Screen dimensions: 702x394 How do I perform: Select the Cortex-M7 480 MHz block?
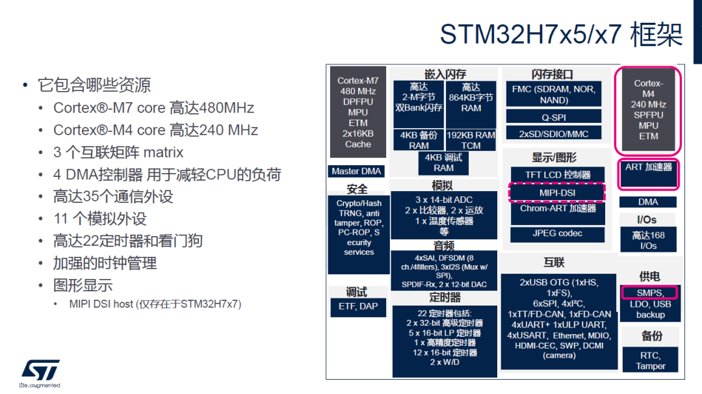point(357,112)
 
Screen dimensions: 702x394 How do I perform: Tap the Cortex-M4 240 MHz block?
point(648,110)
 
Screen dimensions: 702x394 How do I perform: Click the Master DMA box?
point(356,171)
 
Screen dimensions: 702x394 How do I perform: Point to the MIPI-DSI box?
point(557,193)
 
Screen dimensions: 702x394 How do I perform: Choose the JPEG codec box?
point(558,233)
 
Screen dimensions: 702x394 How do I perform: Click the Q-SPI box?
point(554,117)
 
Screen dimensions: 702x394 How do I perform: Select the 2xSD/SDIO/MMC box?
point(554,133)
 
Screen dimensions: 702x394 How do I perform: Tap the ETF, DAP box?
point(358,307)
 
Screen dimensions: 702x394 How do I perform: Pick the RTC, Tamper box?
point(651,360)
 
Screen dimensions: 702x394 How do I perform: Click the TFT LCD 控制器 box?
point(558,175)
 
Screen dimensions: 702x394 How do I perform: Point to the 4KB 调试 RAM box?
point(443,163)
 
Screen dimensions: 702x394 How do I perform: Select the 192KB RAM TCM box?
point(471,140)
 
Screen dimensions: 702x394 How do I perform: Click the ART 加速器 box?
point(648,173)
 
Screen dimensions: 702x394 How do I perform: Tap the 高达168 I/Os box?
point(648,241)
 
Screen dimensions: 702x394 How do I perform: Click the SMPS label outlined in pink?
point(649,293)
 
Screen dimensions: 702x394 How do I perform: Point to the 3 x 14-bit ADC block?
point(444,215)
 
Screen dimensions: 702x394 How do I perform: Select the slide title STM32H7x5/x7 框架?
point(562,34)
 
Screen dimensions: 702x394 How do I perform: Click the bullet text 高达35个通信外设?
point(113,196)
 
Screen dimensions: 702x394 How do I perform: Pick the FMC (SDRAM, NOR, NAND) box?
point(554,94)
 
